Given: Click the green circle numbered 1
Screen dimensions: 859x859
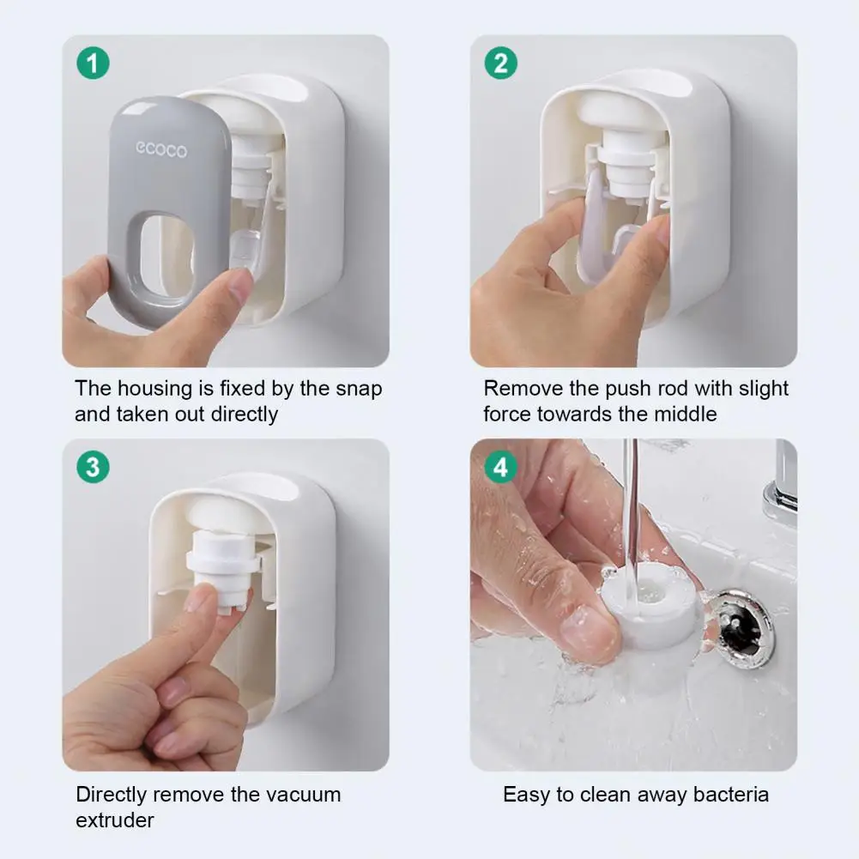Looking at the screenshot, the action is pyautogui.click(x=94, y=63).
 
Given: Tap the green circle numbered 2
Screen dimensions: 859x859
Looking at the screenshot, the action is pyautogui.click(x=500, y=63).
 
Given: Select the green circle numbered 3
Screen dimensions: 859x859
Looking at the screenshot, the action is pyautogui.click(x=94, y=467).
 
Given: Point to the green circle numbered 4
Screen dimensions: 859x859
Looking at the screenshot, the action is pyautogui.click(x=500, y=467).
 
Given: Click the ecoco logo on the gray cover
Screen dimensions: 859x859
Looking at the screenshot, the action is pyautogui.click(x=161, y=149).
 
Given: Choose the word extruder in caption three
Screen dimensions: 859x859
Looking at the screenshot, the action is pyautogui.click(x=115, y=820).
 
